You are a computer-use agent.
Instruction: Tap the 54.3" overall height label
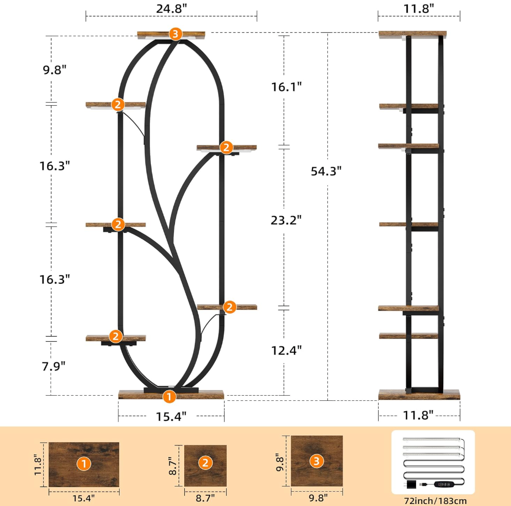326,171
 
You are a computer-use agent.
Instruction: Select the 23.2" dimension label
286,220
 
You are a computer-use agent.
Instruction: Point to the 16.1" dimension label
286,87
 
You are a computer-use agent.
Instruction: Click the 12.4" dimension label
286,350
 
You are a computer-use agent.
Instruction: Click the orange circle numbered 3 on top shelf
175,34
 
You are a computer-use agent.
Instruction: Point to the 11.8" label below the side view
418,415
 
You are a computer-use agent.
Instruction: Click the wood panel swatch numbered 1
84,464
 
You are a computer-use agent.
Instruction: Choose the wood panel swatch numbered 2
205,464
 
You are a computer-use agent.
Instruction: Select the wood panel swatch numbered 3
316,461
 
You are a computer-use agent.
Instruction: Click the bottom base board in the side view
419,395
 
